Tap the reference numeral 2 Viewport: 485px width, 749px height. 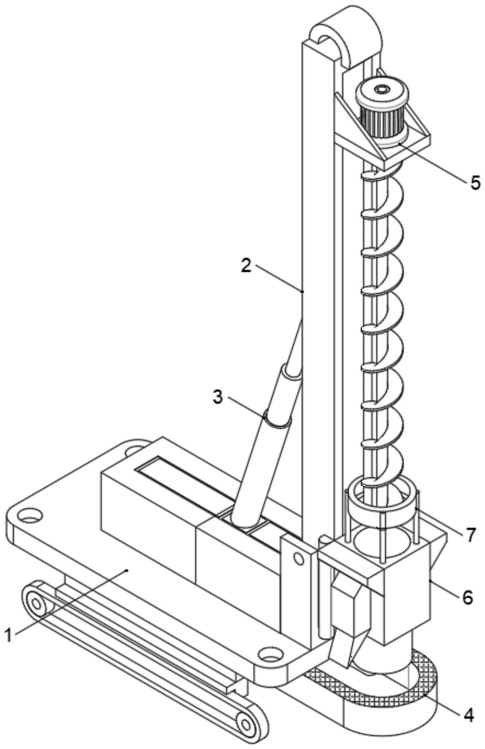pyautogui.click(x=246, y=266)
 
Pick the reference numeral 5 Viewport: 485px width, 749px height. pyautogui.click(x=475, y=183)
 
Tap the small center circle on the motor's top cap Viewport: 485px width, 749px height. pyautogui.click(x=381, y=90)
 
